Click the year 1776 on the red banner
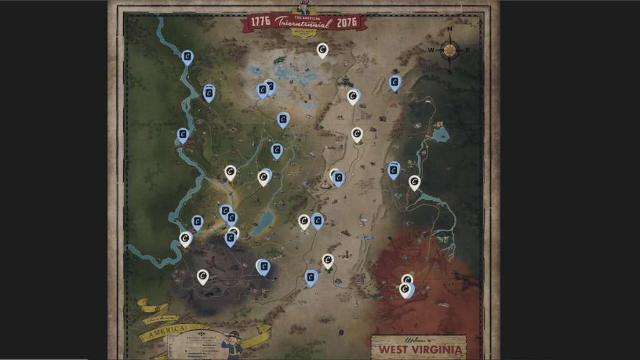260,21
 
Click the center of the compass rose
449,50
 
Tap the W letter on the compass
431,50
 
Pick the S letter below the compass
449,71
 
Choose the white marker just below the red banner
322,49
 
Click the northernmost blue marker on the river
187,57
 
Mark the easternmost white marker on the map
414,182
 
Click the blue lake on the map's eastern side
440,134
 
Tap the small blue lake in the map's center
264,220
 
